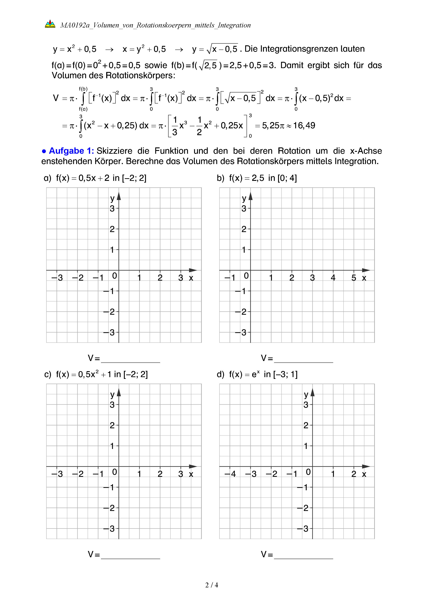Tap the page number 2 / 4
point(211,585)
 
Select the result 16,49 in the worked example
point(304,125)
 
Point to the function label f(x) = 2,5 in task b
point(246,178)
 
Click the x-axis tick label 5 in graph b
point(353,278)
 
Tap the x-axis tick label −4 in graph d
point(230,474)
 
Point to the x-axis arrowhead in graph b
point(366,270)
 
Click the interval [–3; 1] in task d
point(285,374)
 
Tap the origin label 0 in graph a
point(114,276)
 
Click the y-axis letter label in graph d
point(306,394)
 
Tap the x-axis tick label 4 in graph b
point(333,278)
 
